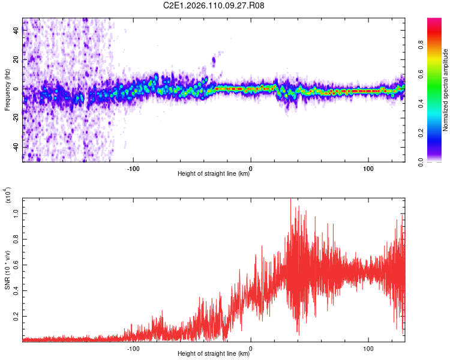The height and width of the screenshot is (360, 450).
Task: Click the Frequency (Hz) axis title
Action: click(x=7, y=89)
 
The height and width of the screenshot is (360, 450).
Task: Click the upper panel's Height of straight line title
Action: click(x=214, y=174)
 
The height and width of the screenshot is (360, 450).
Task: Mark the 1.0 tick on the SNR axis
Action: click(x=16, y=213)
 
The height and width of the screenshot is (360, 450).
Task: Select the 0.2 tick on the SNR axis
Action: click(x=16, y=316)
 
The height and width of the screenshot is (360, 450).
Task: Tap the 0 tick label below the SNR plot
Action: click(x=251, y=347)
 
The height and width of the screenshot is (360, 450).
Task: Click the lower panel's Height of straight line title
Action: click(x=214, y=354)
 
